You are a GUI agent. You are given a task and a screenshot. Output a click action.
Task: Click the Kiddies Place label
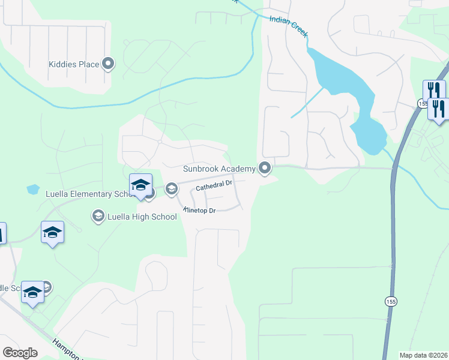[x=73, y=64]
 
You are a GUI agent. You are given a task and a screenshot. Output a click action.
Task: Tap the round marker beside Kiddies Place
[x=109, y=64]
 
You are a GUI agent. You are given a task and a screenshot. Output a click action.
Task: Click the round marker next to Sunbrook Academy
[x=264, y=169]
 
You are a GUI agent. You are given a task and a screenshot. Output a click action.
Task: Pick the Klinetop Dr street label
[x=199, y=211]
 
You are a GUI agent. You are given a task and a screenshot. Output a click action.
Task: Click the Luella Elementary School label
[x=88, y=194]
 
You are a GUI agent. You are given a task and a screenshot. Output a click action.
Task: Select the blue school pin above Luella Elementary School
[x=140, y=185]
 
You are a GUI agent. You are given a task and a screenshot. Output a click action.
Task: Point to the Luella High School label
[x=142, y=216]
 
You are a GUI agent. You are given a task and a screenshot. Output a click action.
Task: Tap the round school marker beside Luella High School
[x=97, y=215]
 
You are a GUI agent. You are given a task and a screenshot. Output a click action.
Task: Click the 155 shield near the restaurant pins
[x=422, y=104]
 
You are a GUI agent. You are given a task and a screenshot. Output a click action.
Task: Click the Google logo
[x=20, y=353]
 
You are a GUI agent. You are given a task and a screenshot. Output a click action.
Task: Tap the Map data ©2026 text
[x=423, y=355]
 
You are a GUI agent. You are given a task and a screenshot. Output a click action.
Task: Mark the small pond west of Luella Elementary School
[x=33, y=190]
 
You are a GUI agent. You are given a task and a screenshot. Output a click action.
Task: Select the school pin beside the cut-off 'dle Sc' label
[x=32, y=292]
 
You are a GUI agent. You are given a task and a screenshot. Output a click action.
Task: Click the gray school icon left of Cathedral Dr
[x=171, y=190]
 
